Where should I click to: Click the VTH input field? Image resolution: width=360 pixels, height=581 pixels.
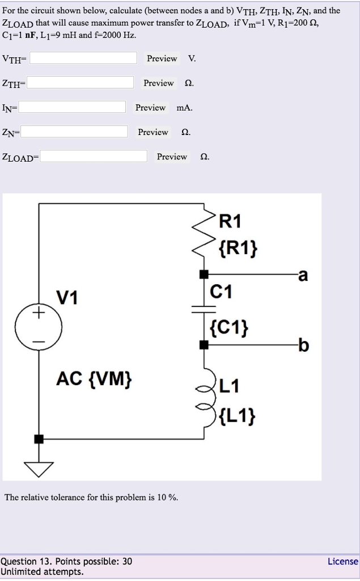(x=83, y=58)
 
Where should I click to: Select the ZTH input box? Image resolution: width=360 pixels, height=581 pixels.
(x=81, y=83)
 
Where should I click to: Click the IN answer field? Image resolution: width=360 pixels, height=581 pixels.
(x=72, y=108)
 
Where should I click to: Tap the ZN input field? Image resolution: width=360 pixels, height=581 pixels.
(x=74, y=132)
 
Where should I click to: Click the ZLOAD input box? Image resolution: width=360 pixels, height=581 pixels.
(x=94, y=157)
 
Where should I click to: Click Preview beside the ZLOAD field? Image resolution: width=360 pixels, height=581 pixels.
(x=172, y=157)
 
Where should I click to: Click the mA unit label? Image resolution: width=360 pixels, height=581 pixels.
(x=184, y=108)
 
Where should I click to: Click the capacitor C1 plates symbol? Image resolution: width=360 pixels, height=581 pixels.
(x=204, y=309)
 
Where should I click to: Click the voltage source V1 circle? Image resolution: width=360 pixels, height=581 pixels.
(x=39, y=328)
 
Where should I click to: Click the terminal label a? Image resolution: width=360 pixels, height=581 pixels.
(x=303, y=276)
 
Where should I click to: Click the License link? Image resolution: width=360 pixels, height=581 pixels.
(x=343, y=561)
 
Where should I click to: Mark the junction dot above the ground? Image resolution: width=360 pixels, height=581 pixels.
(x=39, y=439)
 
